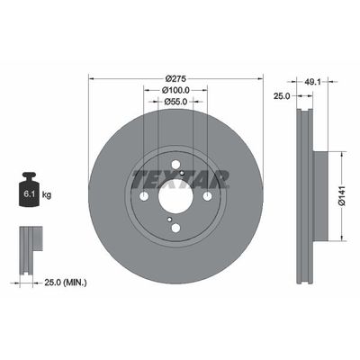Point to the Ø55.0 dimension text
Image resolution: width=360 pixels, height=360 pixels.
pyautogui.click(x=175, y=103)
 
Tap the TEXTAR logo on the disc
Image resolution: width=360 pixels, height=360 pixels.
pyautogui.click(x=175, y=178)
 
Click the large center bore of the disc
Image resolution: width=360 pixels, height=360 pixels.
pyautogui.click(x=175, y=195)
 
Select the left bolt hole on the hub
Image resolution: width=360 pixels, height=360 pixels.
pyautogui.click(x=144, y=195)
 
